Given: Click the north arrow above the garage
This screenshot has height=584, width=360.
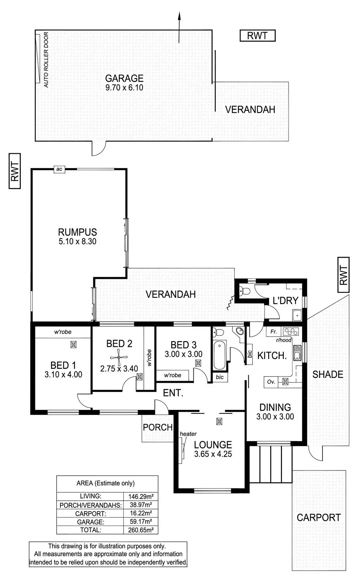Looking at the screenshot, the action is point(179,26).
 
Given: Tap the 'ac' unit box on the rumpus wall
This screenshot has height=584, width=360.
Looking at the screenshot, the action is point(59,169).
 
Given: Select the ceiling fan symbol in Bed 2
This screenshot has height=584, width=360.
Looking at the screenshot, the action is point(119,358).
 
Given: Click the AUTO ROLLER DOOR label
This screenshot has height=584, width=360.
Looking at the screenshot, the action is point(46,60).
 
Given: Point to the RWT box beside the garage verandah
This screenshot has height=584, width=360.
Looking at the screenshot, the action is point(257,36).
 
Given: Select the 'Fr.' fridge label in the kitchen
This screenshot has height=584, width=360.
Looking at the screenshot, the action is point(274,332).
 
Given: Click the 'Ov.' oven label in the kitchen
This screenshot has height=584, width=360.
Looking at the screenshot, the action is point(271,381).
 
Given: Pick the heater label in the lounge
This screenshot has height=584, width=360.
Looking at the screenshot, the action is point(188,434).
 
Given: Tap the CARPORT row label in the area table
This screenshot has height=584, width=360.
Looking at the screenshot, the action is point(90,513).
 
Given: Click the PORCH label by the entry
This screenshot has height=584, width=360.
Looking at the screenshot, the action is point(158,427).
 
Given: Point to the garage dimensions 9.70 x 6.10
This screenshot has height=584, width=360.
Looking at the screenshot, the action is point(124,88).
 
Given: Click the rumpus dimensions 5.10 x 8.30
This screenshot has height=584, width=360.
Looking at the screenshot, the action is point(77,242).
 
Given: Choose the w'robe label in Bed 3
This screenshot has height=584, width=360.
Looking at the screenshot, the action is point(173,375).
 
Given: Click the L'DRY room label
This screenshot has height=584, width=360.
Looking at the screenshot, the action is point(285,301).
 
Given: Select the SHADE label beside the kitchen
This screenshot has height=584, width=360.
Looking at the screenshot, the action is point(328,374).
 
